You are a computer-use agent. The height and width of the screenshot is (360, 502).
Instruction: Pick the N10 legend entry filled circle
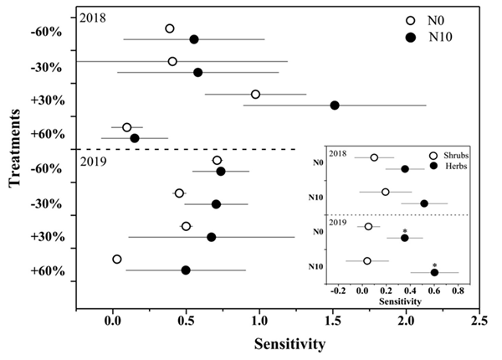coord(410,37)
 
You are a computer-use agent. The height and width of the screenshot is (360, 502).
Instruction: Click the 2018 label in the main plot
coord(94,17)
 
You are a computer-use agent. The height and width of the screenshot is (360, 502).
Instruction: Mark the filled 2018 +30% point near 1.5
coord(335,105)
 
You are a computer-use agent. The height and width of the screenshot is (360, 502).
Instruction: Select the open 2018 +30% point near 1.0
coord(255,94)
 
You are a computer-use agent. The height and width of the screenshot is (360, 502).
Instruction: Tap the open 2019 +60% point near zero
coord(117,259)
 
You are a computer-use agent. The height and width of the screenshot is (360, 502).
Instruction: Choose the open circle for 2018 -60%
coord(170,28)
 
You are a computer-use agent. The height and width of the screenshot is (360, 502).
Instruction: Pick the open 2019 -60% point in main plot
coord(218,160)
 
